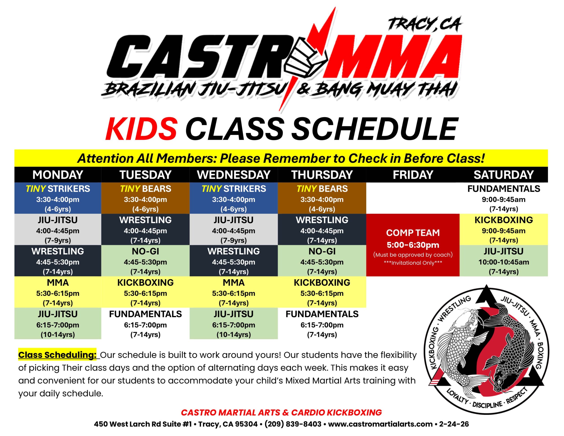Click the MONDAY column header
tap(58, 175)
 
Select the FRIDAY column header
tap(413, 175)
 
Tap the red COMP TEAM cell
tap(413, 245)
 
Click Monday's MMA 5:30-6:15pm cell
tap(58, 292)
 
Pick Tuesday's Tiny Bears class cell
tap(145, 198)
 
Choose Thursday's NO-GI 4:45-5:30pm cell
tap(322, 261)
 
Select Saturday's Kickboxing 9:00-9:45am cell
tap(504, 229)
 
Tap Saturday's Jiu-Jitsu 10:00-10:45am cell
tap(504, 261)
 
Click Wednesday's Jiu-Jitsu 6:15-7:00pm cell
tap(234, 323)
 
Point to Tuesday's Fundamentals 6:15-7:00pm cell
tap(145, 323)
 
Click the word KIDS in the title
tap(141, 129)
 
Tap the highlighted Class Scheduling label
tap(57, 355)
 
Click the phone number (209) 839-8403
tap(293, 424)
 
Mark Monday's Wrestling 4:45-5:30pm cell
tap(58, 261)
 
